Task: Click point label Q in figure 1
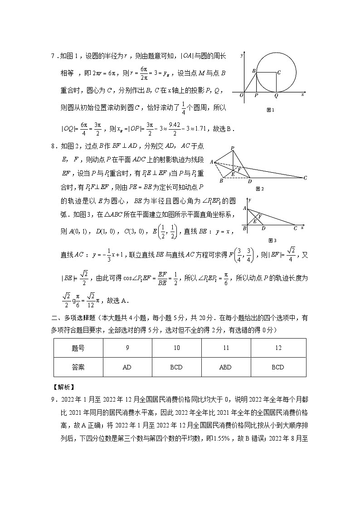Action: (276, 96)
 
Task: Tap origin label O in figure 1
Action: (241, 96)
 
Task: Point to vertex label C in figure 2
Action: (305, 178)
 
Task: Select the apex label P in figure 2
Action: (232, 148)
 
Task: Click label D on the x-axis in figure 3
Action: (263, 228)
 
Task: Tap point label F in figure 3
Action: (260, 216)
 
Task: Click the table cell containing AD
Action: (127, 367)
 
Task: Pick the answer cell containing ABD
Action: (225, 367)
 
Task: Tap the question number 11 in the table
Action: (225, 348)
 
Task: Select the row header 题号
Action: (78, 348)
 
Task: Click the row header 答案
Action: (78, 367)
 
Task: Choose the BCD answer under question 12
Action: (277, 367)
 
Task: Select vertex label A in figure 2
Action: (211, 161)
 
